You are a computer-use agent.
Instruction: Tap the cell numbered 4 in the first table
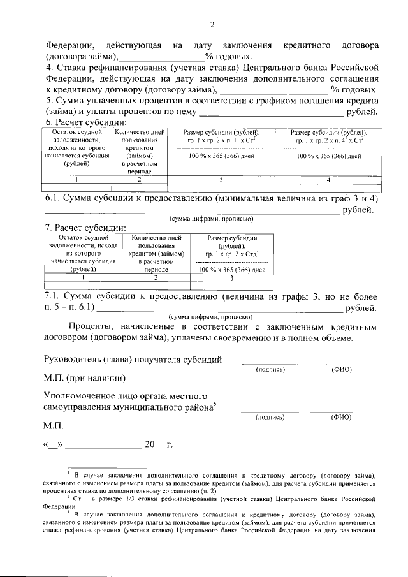point(328,180)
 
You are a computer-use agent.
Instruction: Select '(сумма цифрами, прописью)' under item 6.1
point(211,219)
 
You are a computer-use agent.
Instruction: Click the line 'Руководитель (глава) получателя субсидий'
point(133,359)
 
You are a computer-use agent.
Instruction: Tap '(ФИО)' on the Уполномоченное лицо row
point(341,417)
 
